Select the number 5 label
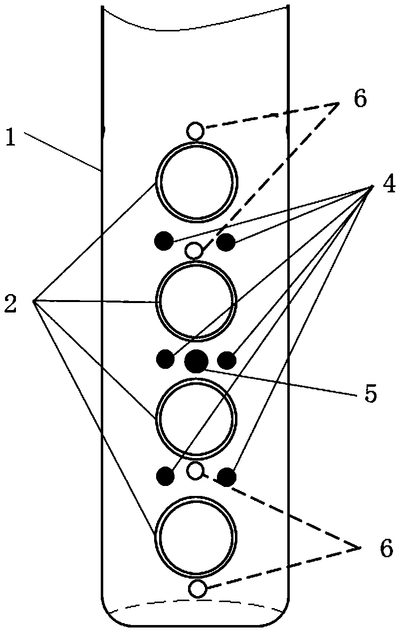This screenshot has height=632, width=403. tap(369, 393)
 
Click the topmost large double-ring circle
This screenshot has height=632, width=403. tap(196, 181)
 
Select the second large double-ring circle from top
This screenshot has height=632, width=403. tap(196, 302)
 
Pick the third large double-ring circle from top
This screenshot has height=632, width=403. tap(196, 417)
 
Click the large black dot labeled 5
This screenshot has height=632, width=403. tap(196, 361)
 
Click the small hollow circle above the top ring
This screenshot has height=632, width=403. tap(196, 132)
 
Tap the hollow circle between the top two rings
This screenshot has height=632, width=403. tap(194, 250)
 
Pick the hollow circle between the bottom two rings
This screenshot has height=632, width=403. tap(196, 470)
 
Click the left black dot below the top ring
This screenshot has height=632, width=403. tap(164, 241)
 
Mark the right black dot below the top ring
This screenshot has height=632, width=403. tap(226, 242)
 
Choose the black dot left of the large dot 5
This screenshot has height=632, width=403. tap(166, 358)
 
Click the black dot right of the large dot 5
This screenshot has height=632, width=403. tap(227, 359)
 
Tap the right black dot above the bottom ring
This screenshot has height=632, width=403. tap(227, 477)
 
